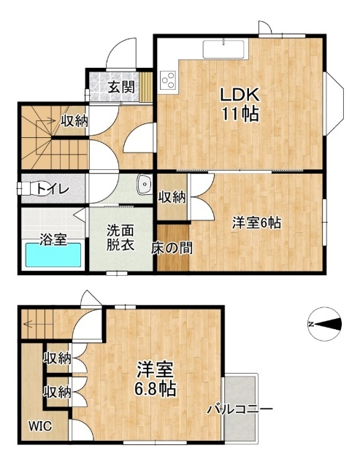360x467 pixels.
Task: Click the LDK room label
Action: coord(239,94)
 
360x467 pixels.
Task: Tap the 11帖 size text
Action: coord(240,113)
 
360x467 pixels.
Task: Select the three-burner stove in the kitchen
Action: coord(168,80)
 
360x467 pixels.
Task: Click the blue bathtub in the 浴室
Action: coord(53,255)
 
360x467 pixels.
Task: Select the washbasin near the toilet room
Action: coord(145,184)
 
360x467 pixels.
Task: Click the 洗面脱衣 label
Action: coord(120,238)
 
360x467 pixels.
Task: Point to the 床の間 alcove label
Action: coord(172,248)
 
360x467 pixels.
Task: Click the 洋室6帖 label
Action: coord(256,223)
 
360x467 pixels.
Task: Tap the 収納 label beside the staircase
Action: coord(74,120)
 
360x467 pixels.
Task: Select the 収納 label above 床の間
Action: coord(172,197)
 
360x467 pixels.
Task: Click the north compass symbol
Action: coord(324,324)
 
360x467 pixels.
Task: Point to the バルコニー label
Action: coord(240,409)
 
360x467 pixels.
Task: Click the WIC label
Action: coord(40,426)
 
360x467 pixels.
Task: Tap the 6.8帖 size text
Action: coord(155,388)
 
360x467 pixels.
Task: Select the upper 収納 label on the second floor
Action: coord(58,358)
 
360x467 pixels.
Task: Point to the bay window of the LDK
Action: coord(334,104)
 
